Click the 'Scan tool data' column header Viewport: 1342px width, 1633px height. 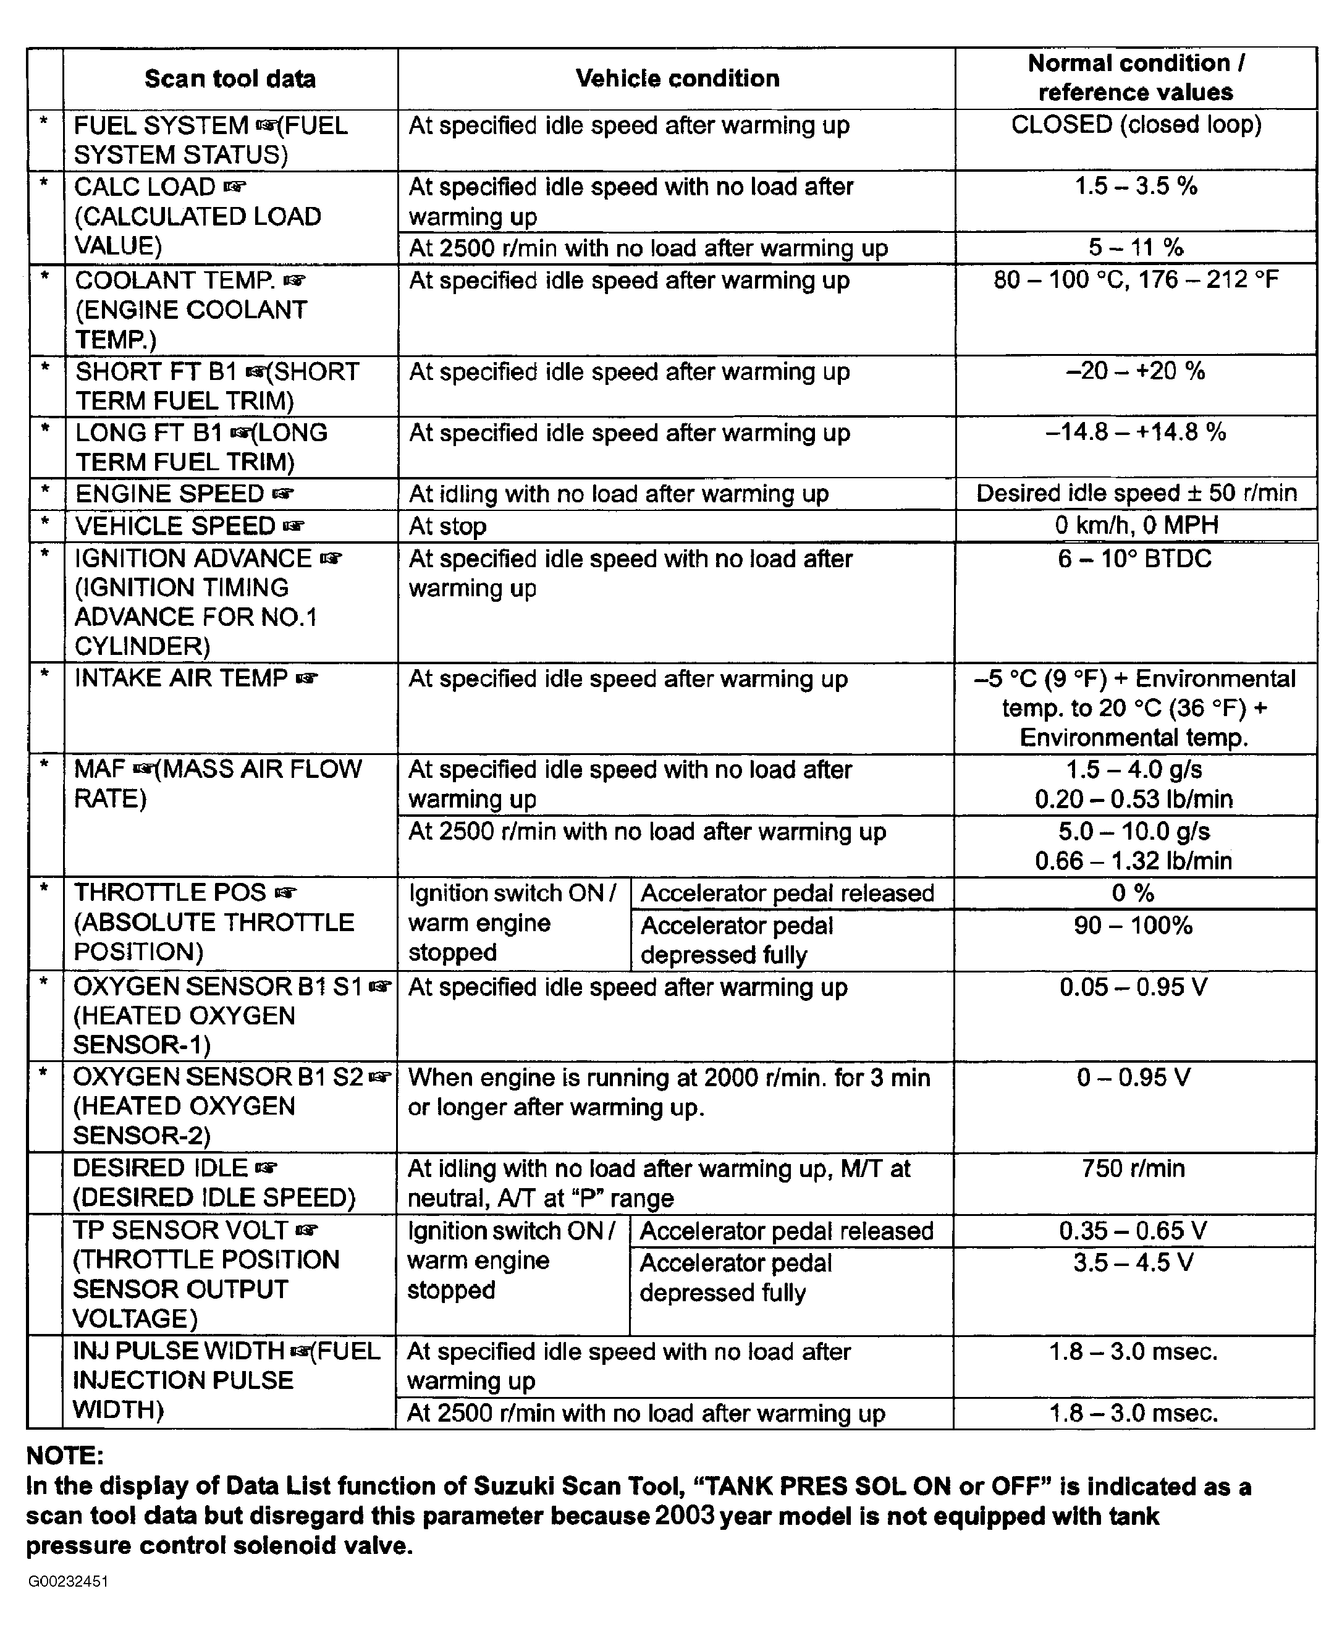230,79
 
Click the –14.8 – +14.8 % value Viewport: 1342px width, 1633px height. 1136,432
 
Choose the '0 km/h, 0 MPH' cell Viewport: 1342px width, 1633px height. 1136,526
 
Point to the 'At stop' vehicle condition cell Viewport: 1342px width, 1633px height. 447,526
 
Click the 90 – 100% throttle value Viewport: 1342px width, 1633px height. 1133,925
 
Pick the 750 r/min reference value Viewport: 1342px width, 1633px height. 1133,1168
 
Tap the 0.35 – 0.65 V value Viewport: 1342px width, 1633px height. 1133,1230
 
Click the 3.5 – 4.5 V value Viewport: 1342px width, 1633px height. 1133,1263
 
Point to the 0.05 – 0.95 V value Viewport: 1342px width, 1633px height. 1133,987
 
